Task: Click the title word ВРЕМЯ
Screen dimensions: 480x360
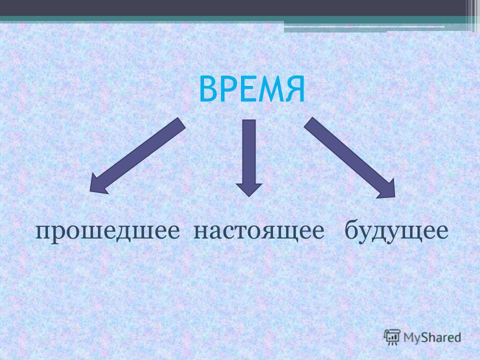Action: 252,89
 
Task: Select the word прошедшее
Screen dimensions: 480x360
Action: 107,231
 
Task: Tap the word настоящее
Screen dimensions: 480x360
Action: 259,231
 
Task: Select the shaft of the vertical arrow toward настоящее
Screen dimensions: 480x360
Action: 249,152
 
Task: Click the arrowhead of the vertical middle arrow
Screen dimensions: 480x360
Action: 249,189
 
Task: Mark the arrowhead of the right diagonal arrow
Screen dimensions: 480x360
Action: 387,190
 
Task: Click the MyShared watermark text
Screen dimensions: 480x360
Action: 432,337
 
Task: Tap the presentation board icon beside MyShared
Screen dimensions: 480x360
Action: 392,337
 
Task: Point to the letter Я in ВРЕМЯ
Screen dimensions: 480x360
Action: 295,89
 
